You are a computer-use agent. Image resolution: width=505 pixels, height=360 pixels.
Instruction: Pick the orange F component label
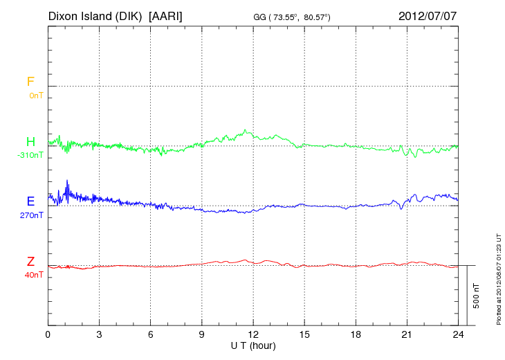click(x=30, y=82)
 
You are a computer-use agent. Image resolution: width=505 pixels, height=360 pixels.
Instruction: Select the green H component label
click(x=30, y=142)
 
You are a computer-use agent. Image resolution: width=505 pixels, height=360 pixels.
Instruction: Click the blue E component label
click(x=30, y=201)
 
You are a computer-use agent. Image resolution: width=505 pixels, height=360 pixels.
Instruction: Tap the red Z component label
click(x=30, y=262)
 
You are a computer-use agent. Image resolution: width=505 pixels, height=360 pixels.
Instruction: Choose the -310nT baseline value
click(x=30, y=155)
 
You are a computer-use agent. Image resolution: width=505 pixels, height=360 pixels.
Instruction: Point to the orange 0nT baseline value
click(x=35, y=95)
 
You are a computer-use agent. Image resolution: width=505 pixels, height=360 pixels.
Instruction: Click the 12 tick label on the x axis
click(x=253, y=334)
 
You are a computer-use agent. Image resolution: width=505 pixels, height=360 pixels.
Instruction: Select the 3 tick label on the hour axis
click(x=100, y=334)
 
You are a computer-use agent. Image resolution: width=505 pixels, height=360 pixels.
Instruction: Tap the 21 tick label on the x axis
click(x=407, y=334)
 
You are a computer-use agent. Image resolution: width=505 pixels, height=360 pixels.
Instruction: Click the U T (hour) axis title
click(x=253, y=345)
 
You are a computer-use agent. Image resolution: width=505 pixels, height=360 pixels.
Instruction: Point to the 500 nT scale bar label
click(x=477, y=296)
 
